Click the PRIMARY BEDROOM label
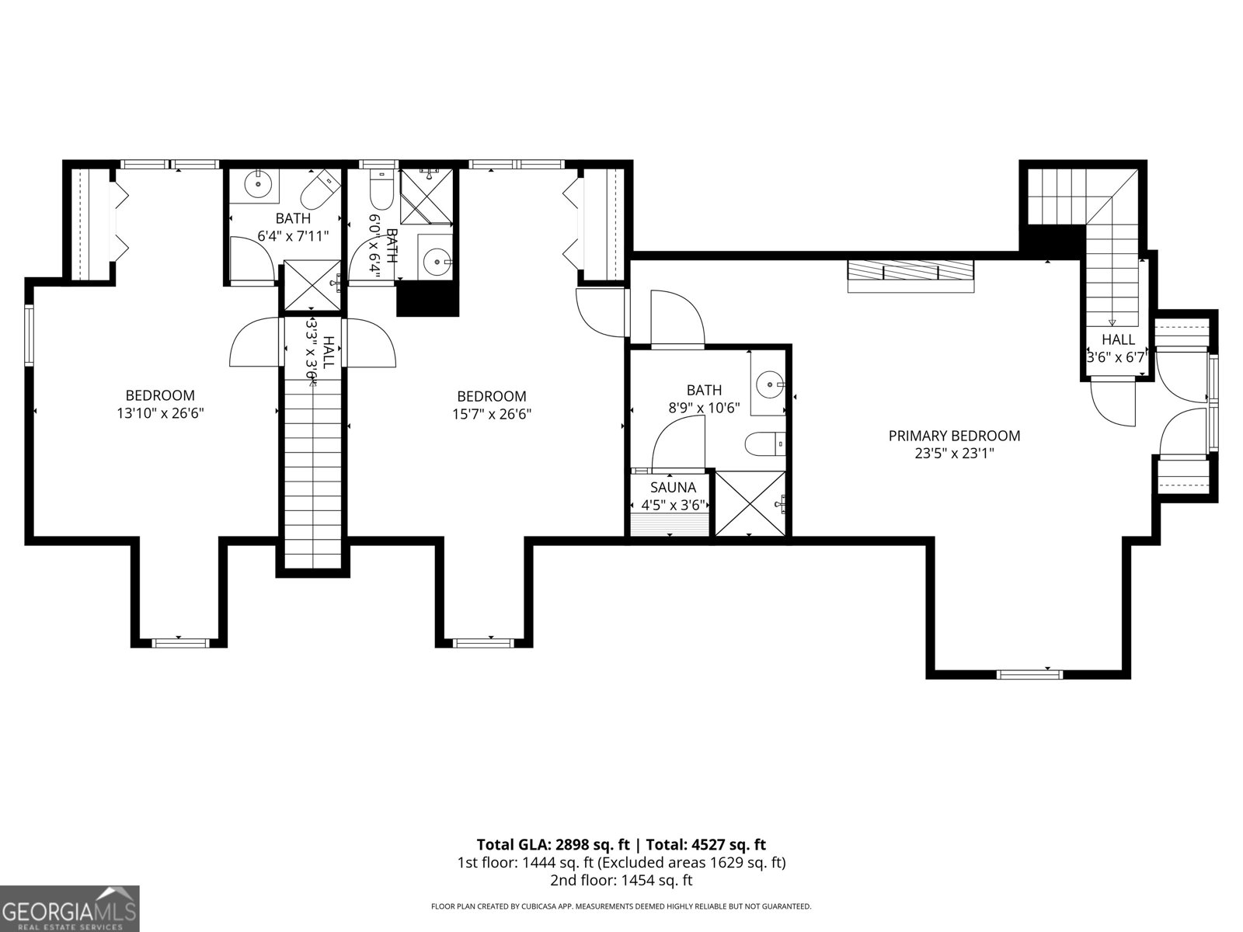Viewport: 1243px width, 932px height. click(954, 436)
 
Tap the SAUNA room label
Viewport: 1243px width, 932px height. click(673, 488)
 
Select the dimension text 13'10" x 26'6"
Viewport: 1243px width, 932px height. click(160, 414)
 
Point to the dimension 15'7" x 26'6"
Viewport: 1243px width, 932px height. click(491, 414)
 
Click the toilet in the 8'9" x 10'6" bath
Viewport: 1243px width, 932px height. click(765, 444)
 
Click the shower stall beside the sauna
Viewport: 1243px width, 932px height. click(750, 503)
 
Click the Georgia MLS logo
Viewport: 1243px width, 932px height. click(70, 908)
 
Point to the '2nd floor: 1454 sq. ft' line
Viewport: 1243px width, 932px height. click(621, 880)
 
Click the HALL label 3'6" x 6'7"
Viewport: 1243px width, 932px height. click(1117, 348)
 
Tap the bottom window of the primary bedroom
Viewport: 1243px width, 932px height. click(1029, 673)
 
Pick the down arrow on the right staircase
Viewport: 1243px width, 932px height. click(1111, 322)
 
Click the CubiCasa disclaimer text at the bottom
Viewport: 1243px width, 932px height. click(621, 906)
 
